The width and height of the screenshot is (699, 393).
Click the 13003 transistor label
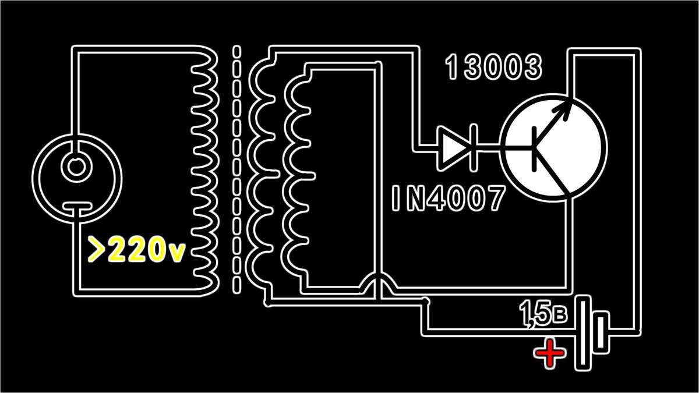494,68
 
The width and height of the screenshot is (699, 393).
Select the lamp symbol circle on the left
77,169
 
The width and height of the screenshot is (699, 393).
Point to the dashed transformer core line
236,169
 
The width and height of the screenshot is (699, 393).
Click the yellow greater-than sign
97,250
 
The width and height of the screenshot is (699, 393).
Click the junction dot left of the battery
428,301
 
